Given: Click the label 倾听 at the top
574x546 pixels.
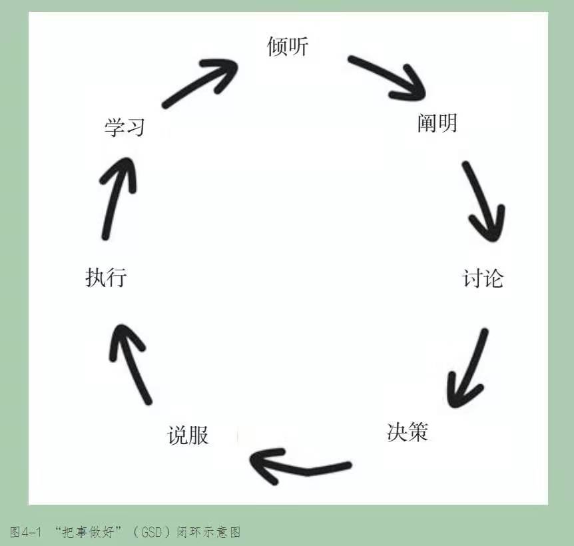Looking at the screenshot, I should pyautogui.click(x=288, y=47).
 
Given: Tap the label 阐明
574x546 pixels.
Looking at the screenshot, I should pyautogui.click(x=437, y=123).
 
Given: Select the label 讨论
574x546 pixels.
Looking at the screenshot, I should pyautogui.click(x=483, y=278).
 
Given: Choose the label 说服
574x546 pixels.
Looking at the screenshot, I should pyautogui.click(x=188, y=435).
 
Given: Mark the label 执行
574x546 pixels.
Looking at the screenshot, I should pyautogui.click(x=106, y=277).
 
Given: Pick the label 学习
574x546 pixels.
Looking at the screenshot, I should pyautogui.click(x=125, y=127).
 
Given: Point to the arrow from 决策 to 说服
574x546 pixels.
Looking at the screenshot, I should pyautogui.click(x=300, y=464).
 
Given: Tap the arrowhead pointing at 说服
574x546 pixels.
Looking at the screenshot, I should pyautogui.click(x=261, y=463).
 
